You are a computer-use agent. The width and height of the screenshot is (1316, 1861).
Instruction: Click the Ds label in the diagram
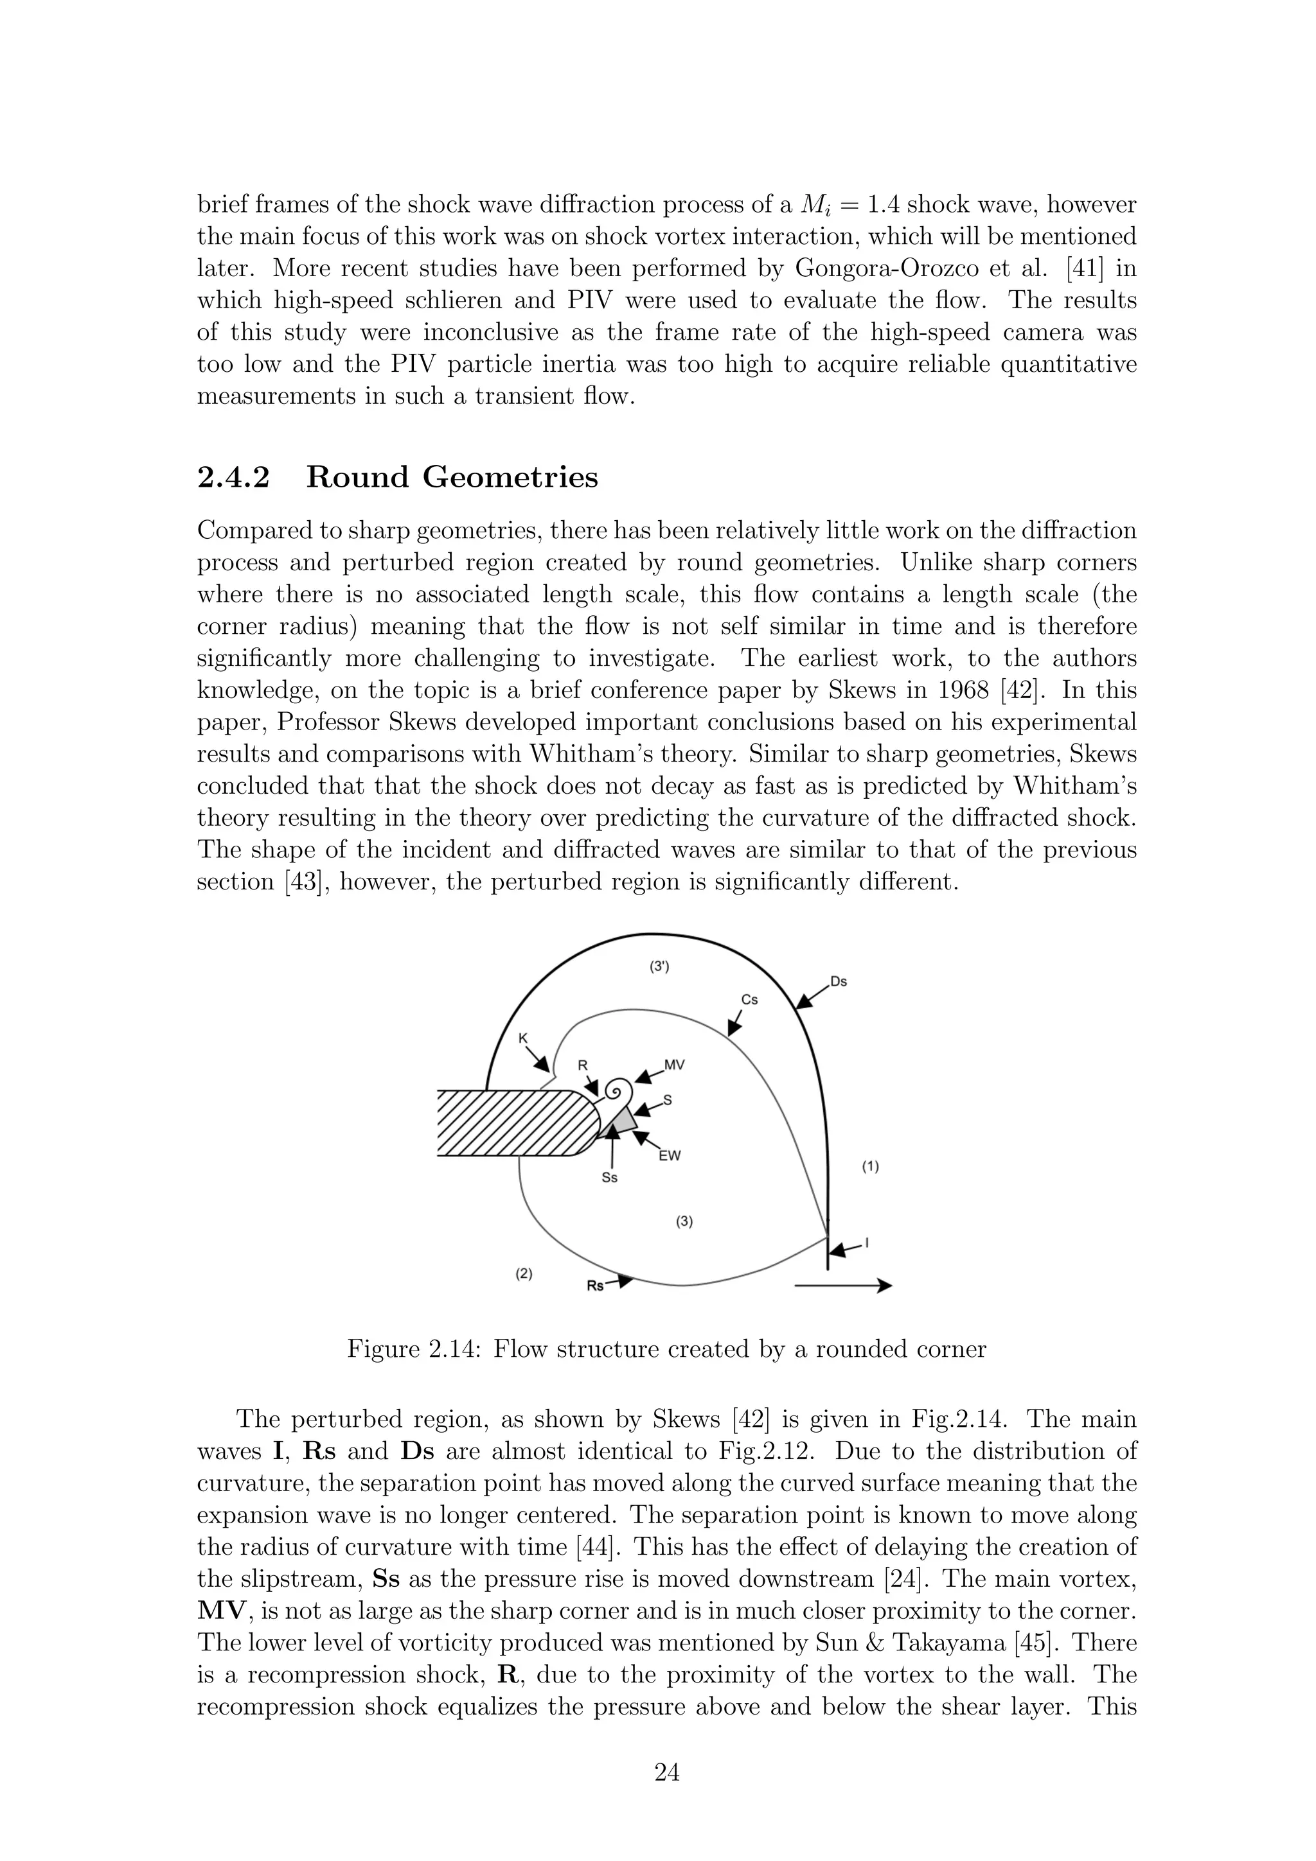839,982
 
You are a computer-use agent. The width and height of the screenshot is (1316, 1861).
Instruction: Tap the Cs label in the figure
749,1000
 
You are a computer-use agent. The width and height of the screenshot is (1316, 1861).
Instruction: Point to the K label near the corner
523,1038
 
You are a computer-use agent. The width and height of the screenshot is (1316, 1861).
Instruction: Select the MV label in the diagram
674,1065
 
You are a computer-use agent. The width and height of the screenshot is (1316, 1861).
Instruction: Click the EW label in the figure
669,1156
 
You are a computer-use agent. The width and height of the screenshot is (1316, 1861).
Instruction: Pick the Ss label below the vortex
609,1178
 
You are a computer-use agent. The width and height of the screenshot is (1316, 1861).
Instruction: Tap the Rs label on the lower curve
595,1286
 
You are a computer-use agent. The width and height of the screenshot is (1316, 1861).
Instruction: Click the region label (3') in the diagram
659,966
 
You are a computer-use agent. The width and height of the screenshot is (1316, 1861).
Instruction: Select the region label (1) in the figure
869,1167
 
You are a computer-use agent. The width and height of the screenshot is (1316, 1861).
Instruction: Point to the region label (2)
524,1273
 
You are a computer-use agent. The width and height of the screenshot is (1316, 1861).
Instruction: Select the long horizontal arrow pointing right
842,1286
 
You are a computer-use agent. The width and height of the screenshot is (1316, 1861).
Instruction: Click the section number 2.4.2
233,477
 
